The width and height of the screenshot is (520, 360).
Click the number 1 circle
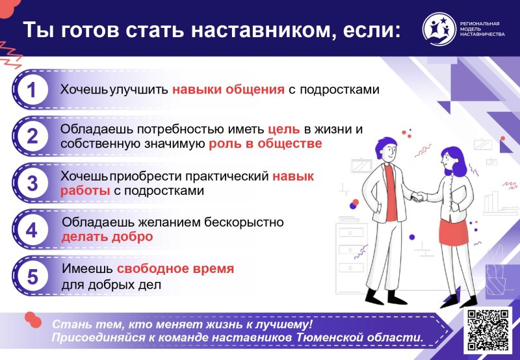point(32,90)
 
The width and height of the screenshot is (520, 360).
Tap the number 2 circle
point(32,136)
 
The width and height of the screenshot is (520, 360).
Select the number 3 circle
point(32,183)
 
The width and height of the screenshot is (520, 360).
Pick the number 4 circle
point(32,230)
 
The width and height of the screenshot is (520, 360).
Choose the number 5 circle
point(32,276)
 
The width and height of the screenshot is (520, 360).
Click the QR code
point(488,329)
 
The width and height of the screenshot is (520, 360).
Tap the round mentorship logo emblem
point(439,29)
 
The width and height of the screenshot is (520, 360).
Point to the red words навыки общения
point(228,90)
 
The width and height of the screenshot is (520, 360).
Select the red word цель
point(284,129)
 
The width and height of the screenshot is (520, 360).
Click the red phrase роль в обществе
point(265,144)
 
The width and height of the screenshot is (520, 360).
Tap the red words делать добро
point(107,237)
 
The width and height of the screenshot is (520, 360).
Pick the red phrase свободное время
point(175,268)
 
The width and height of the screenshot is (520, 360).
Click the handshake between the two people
point(419,197)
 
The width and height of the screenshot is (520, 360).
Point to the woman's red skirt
point(454,233)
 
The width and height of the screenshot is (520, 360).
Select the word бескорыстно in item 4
point(244,222)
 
